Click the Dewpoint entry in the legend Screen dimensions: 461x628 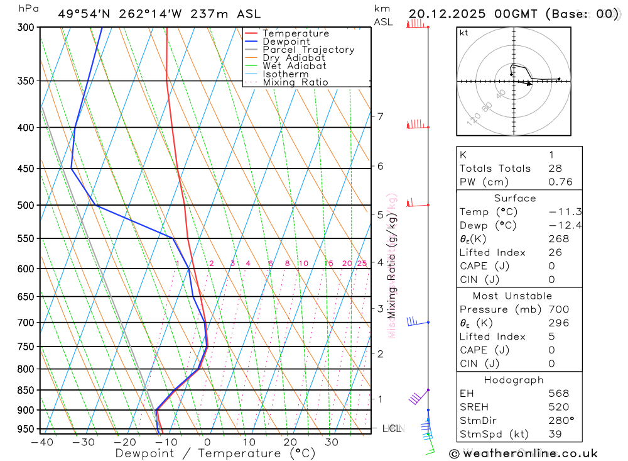pyautogui.click(x=286, y=42)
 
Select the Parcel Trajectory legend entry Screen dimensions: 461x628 pyautogui.click(x=308, y=50)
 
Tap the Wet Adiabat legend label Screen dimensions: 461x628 pyautogui.click(x=295, y=66)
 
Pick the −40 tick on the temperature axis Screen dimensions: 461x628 pyautogui.click(x=41, y=442)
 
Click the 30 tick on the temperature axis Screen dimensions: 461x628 pyautogui.click(x=331, y=442)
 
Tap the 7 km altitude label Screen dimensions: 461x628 pyautogui.click(x=380, y=116)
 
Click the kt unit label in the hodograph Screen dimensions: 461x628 pyautogui.click(x=464, y=33)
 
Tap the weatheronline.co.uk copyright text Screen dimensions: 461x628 pyautogui.click(x=524, y=453)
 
